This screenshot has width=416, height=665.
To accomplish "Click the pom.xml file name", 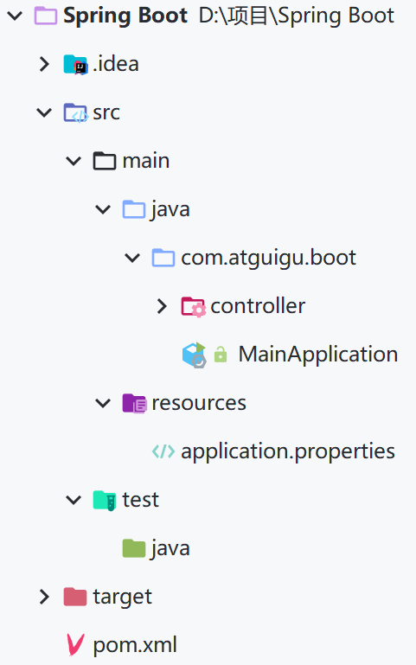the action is click(x=135, y=645).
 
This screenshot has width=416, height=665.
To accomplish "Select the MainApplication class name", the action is click(x=318, y=355).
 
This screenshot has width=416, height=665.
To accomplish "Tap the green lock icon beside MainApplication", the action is click(x=221, y=355).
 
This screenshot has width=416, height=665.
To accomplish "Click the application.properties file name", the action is click(x=288, y=451).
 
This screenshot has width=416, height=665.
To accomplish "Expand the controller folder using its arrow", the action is click(x=162, y=306).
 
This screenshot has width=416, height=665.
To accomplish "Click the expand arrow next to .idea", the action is click(x=44, y=64).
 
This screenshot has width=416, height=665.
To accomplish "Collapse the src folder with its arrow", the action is click(x=44, y=112).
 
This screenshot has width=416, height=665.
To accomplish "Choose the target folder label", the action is click(x=123, y=597).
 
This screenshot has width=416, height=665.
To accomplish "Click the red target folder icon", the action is click(x=75, y=597).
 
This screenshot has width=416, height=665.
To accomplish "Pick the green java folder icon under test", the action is click(x=134, y=548).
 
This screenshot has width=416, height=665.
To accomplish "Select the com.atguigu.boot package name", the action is click(x=268, y=258).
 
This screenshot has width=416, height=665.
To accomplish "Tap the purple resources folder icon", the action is click(x=134, y=403).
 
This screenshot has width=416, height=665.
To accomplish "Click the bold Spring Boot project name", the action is click(x=125, y=16).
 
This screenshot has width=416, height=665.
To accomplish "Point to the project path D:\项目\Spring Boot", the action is click(x=297, y=16).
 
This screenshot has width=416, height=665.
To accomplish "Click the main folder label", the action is click(x=146, y=161).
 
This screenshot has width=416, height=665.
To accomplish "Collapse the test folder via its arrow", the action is click(x=74, y=500).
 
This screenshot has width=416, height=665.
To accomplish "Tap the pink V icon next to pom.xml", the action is click(x=75, y=644).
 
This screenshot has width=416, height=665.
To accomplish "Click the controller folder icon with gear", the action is click(x=194, y=307).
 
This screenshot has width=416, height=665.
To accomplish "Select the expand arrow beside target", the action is click(x=44, y=597).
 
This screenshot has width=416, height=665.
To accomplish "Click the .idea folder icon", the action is click(x=75, y=65).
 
